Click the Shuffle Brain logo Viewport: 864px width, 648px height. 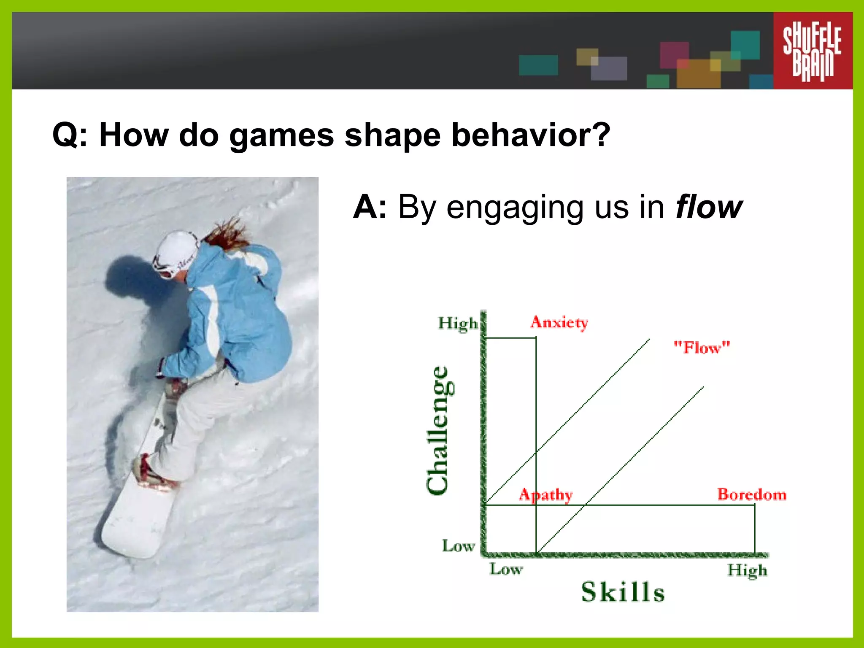point(812,51)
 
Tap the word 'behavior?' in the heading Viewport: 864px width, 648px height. point(531,135)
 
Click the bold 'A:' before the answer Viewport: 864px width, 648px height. point(370,207)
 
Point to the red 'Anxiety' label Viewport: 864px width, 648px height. point(559,323)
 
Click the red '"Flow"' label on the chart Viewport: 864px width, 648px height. point(702,348)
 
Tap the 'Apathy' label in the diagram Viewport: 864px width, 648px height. point(546,494)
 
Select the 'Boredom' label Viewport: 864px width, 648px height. point(752,494)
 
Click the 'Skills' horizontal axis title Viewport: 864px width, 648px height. point(623,592)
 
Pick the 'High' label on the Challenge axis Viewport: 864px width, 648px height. point(458,324)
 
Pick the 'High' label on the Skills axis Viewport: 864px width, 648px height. point(747,570)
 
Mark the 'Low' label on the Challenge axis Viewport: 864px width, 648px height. point(458,546)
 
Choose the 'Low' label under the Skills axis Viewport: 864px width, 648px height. point(506,569)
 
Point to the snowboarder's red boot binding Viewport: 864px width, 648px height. point(148,475)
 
